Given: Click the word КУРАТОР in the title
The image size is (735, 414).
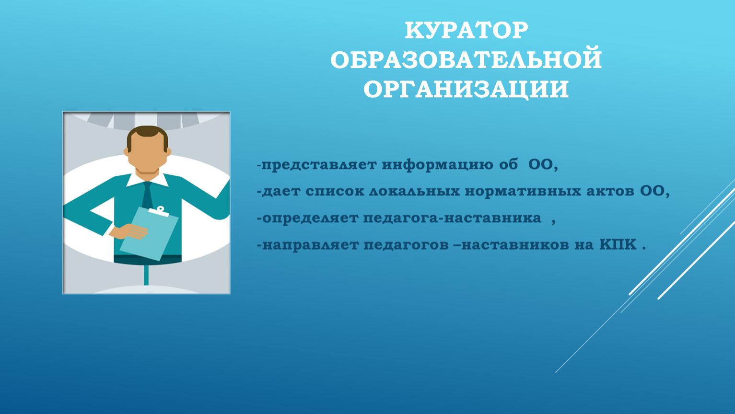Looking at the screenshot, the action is (466, 31).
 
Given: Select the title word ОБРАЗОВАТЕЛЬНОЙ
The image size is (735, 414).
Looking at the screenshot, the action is (466, 60).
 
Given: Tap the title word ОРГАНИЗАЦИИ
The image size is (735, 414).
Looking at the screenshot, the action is (466, 89).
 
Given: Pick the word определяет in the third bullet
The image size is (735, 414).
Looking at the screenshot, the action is (310, 218).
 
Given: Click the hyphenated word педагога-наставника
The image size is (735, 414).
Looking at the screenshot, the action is (453, 218).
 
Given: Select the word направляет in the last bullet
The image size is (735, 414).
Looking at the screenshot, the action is (310, 245).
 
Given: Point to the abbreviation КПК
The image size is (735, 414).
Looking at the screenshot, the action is (618, 244).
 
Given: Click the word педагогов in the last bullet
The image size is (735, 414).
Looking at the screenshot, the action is (406, 245).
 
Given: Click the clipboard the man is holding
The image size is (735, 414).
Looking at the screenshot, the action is (149, 233).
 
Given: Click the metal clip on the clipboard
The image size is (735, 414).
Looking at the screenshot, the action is (159, 211).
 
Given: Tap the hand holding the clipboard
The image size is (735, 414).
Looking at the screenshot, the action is (129, 231).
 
